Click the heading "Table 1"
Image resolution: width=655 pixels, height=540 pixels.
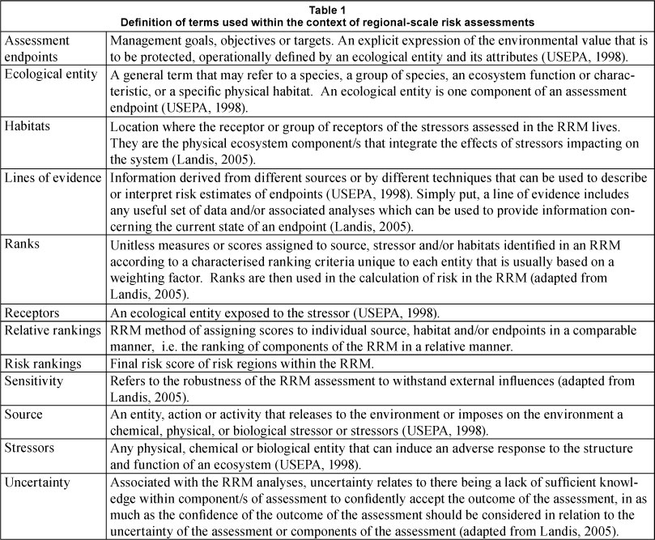327,7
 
